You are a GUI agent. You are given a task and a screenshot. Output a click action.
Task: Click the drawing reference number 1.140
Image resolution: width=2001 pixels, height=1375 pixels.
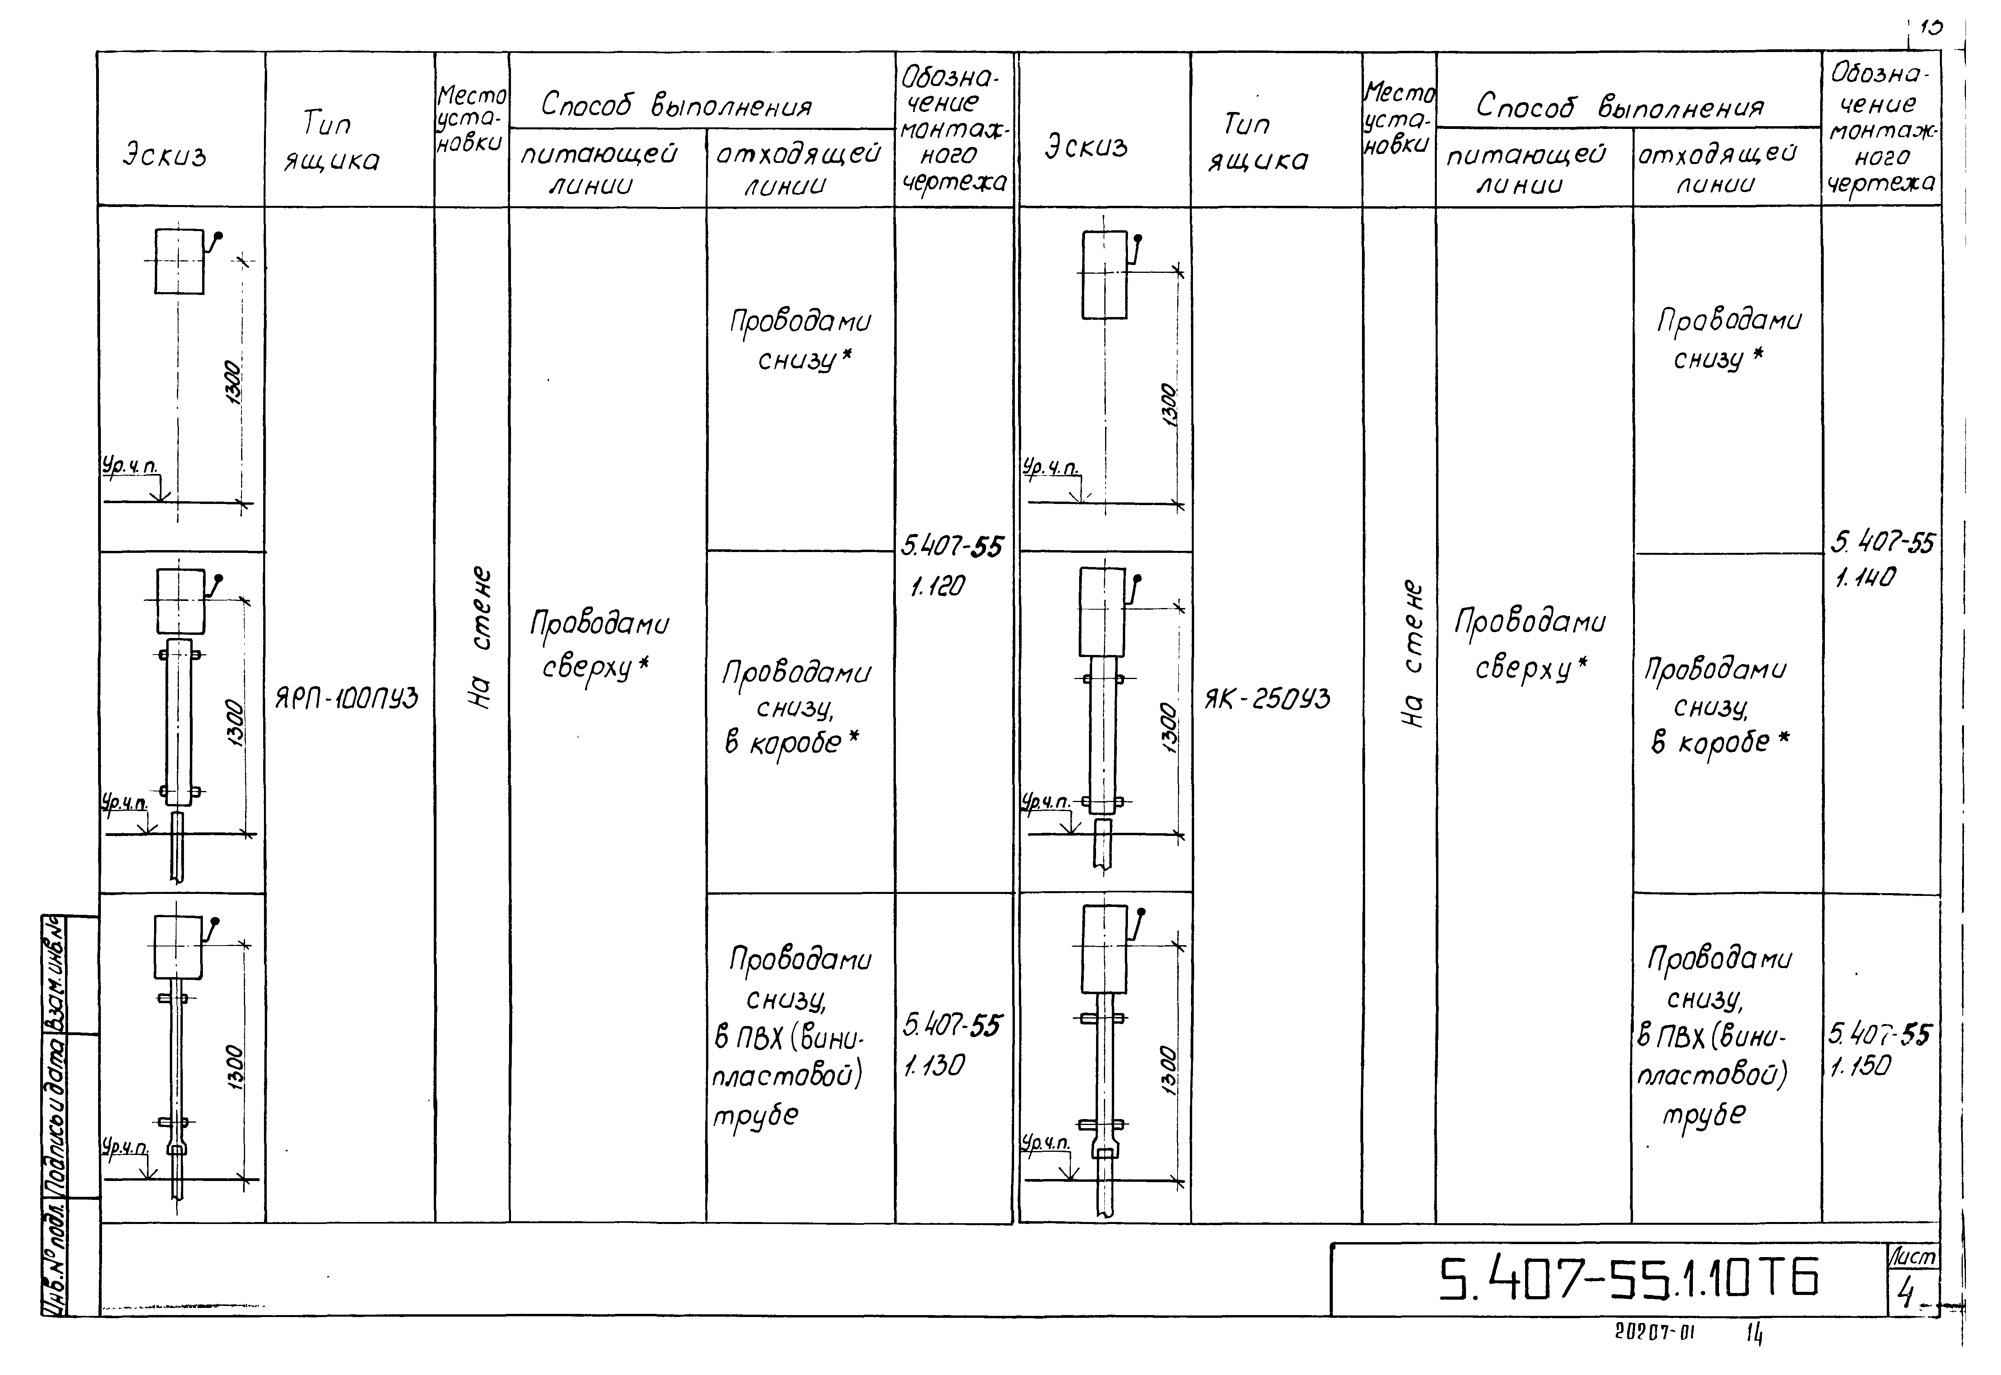1865,577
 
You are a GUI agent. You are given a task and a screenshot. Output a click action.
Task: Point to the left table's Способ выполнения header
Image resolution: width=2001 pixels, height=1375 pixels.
676,105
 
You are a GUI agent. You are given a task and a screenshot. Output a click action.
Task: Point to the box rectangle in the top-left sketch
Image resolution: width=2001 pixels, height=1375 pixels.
179,261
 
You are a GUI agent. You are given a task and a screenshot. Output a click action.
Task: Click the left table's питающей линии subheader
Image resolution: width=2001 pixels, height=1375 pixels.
598,169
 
